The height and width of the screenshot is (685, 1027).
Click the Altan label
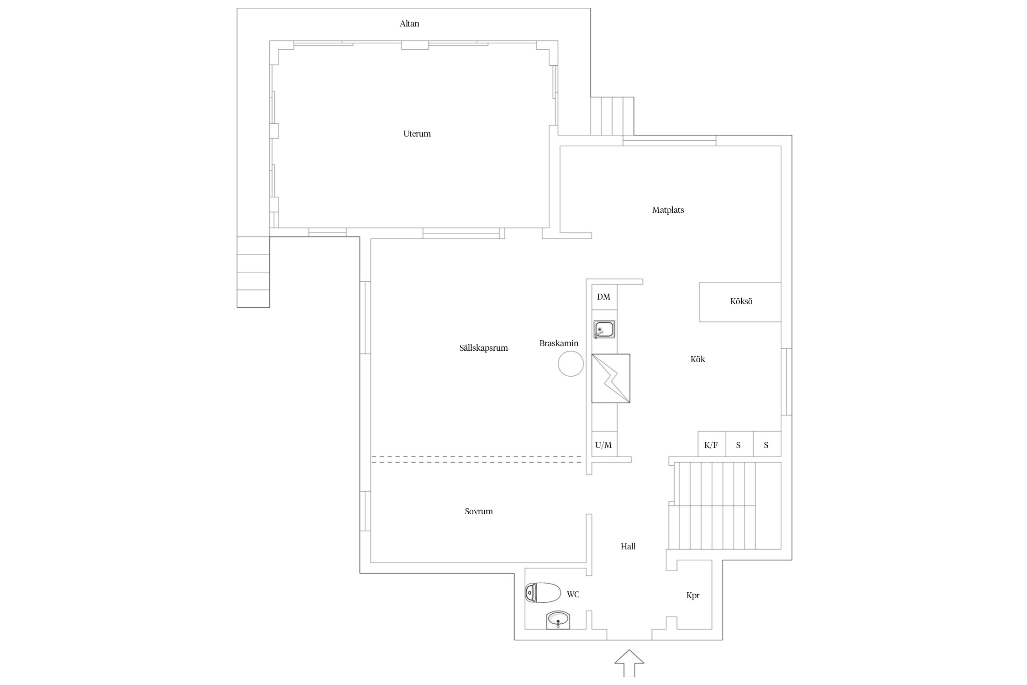click(x=409, y=24)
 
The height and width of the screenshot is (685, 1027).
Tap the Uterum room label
click(x=417, y=134)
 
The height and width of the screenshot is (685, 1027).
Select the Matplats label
click(x=668, y=210)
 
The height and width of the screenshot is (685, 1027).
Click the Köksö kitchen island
click(x=740, y=302)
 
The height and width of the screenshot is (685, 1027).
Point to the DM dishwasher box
click(x=604, y=297)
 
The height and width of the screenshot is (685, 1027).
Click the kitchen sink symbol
click(x=604, y=329)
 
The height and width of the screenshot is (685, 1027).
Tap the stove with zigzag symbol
click(x=611, y=379)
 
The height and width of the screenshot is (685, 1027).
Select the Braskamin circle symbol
click(x=571, y=364)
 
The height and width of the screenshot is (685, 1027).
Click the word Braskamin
click(x=559, y=343)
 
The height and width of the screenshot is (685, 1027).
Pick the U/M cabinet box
click(x=604, y=444)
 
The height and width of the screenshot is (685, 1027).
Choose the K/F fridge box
click(x=712, y=444)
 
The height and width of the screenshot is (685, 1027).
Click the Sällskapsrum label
click(x=483, y=348)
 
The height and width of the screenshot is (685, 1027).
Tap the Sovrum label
click(x=479, y=511)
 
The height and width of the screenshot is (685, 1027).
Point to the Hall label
click(x=628, y=547)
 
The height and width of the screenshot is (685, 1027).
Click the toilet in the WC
click(x=542, y=593)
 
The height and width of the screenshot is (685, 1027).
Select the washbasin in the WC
click(x=558, y=620)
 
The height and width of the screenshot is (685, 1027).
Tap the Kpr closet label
click(x=693, y=595)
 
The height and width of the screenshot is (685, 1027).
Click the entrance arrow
click(x=629, y=663)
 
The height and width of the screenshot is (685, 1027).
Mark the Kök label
click(x=697, y=359)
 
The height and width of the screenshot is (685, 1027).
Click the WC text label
click(x=573, y=595)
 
